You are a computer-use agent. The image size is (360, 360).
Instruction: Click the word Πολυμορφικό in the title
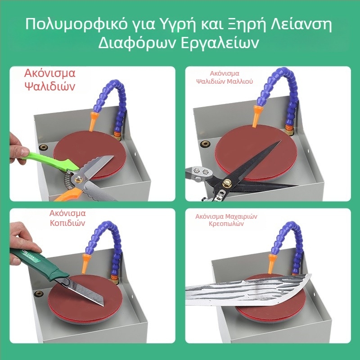pyautogui.click(x=76, y=24)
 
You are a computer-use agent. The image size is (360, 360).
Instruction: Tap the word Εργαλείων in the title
pyautogui.click(x=220, y=43)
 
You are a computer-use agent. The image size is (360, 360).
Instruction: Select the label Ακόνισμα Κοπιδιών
pyautogui.click(x=67, y=218)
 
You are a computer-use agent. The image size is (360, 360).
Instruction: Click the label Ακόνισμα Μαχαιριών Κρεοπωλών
pyautogui.click(x=226, y=220)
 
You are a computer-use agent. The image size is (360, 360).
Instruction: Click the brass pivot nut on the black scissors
pyautogui.click(x=227, y=183)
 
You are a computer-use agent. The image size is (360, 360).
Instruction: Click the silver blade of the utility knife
pyautogui.click(x=85, y=292)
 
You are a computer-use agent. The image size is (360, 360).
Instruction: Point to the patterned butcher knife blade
pyautogui.click(x=248, y=290)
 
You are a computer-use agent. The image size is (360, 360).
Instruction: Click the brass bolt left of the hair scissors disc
pyautogui.click(x=205, y=144)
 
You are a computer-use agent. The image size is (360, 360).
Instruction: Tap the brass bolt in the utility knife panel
pyautogui.click(x=39, y=293)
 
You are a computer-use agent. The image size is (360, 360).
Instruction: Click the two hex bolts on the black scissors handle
pyautogui.click(x=200, y=171)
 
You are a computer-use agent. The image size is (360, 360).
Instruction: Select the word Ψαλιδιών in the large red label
pyautogui.click(x=50, y=87)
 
